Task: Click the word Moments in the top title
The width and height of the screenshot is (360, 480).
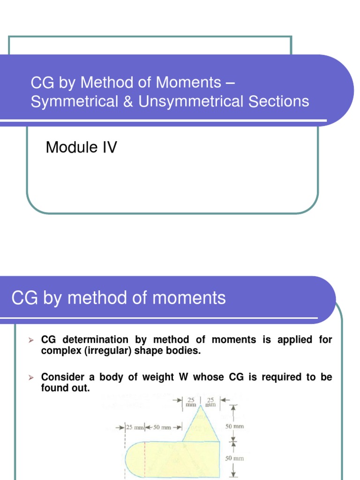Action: pyautogui.click(x=188, y=83)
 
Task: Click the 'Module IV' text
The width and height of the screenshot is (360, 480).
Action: pyautogui.click(x=81, y=148)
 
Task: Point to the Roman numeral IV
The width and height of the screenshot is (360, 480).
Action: pyautogui.click(x=108, y=148)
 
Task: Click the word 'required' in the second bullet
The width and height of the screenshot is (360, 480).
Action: pyautogui.click(x=271, y=377)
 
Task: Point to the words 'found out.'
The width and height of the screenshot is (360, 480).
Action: pyautogui.click(x=65, y=389)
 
